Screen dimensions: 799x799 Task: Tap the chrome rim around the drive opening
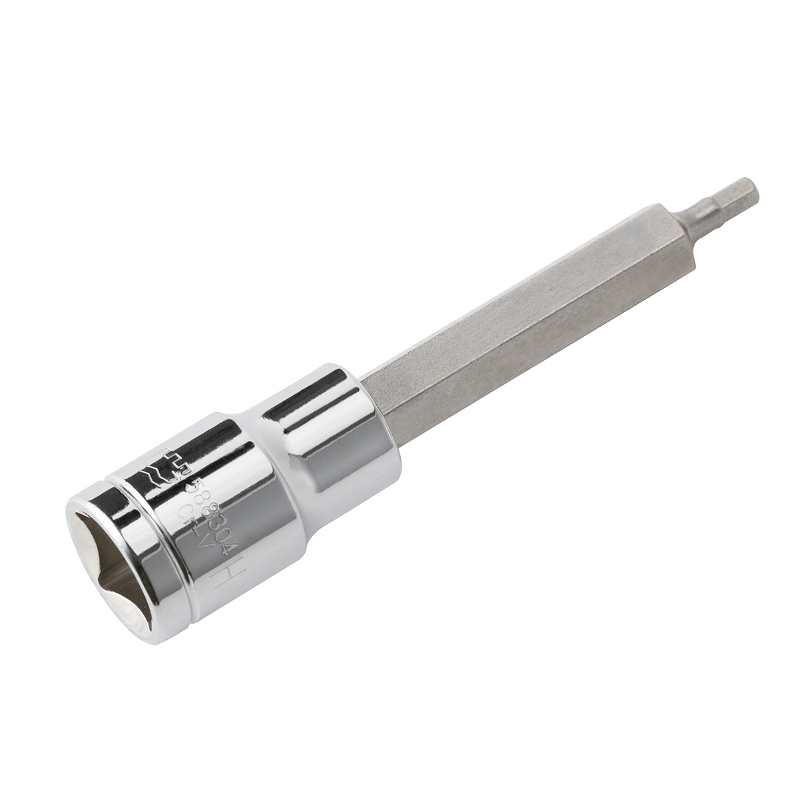tap(133, 599)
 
